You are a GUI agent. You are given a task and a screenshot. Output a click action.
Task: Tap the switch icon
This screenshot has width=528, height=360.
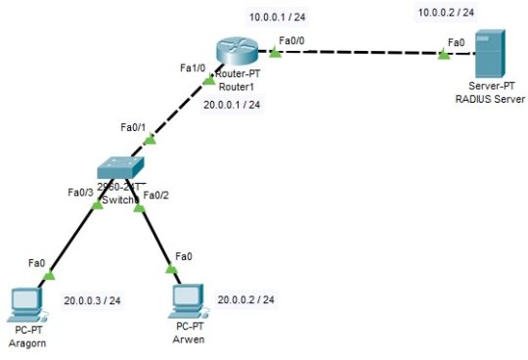(120, 168)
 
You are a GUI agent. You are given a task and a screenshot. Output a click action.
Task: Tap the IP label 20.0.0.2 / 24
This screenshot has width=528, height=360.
(246, 298)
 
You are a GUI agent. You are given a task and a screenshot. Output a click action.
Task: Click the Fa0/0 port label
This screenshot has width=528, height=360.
(291, 40)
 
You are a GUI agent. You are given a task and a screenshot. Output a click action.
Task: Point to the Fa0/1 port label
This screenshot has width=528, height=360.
(132, 127)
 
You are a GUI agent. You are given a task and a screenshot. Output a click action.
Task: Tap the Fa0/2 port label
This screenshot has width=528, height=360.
(156, 195)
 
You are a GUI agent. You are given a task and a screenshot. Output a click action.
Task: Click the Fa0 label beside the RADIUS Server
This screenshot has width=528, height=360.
(455, 42)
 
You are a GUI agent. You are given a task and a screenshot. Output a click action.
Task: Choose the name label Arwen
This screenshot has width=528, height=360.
(190, 339)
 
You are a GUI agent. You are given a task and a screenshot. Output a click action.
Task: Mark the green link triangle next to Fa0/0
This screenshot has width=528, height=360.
(276, 51)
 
